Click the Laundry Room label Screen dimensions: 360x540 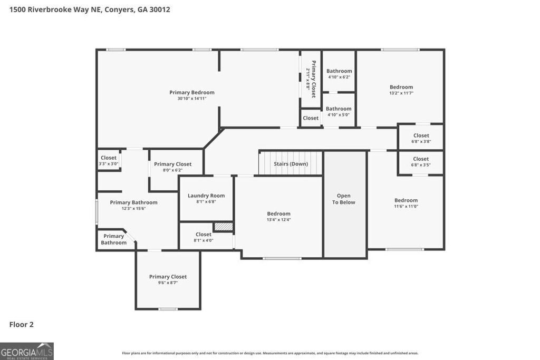[x=206, y=196]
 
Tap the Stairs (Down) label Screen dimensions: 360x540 [x=291, y=164]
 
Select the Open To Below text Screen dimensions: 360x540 [x=344, y=199]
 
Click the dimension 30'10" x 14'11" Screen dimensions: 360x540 [x=192, y=99]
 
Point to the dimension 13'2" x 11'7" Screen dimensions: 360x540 [x=401, y=93]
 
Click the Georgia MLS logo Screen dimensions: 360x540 [x=27, y=351]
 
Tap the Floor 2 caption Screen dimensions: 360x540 [x=22, y=325]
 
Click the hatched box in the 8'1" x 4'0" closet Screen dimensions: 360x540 [x=223, y=227]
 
